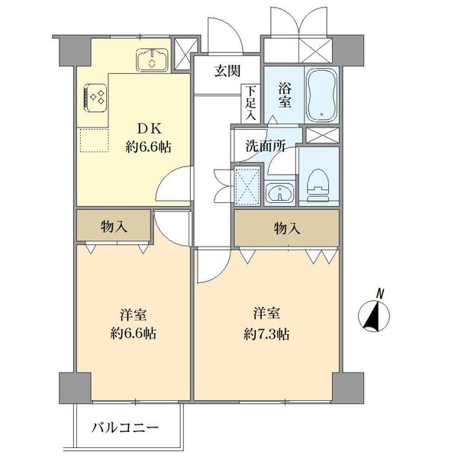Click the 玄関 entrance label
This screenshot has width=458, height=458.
click(x=227, y=71)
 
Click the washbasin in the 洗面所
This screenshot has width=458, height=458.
click(x=281, y=195)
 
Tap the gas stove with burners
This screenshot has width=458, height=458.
click(x=95, y=96)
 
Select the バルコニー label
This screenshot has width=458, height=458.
click(x=127, y=427)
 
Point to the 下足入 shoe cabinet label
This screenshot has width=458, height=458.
click(x=250, y=103)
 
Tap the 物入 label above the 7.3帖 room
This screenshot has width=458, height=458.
click(x=286, y=227)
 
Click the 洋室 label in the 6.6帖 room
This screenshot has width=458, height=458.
click(x=134, y=314)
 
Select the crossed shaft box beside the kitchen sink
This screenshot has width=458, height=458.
click(x=184, y=53)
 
